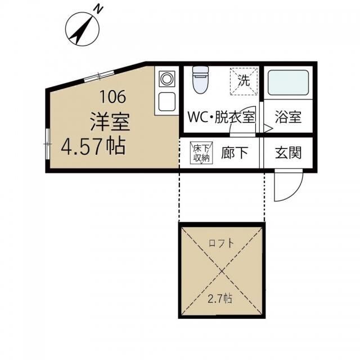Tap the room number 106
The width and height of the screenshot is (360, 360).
[x=113, y=96]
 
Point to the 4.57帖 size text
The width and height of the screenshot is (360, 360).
[x=93, y=147]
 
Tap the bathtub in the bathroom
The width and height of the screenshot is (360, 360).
[x=287, y=83]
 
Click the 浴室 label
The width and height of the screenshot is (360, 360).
[x=288, y=118]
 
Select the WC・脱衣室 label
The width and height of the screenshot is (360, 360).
[x=221, y=118]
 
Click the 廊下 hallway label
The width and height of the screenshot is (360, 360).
[x=234, y=152]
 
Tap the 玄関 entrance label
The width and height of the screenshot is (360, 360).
[x=289, y=152]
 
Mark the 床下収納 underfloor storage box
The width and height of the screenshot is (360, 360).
[x=201, y=152]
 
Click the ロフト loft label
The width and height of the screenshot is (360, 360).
[x=222, y=244]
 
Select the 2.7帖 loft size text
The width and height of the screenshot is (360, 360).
[x=222, y=299]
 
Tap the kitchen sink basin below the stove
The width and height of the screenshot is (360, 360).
[x=167, y=102]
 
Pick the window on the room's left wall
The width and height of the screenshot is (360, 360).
[x=47, y=144]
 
